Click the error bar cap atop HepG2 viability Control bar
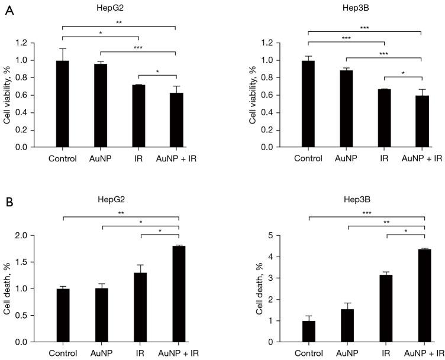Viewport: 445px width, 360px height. coord(62,48)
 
